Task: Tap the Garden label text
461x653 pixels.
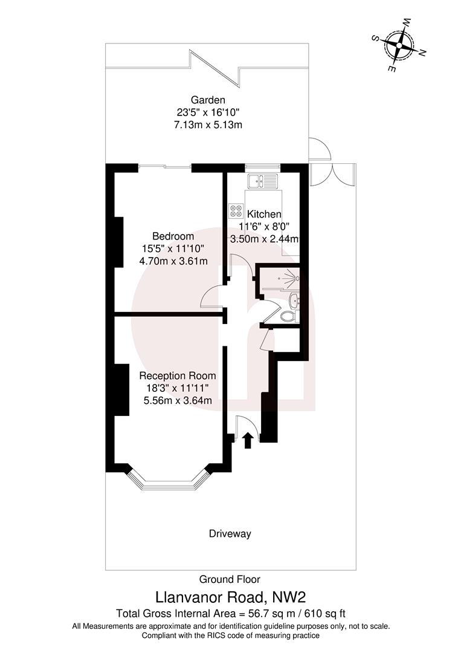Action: click(x=208, y=100)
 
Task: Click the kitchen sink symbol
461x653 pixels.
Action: click(x=262, y=180)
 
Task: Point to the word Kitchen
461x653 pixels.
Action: click(x=264, y=214)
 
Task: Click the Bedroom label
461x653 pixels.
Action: click(x=173, y=236)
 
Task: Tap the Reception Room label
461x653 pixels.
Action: click(x=173, y=375)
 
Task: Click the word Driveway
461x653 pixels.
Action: click(x=230, y=534)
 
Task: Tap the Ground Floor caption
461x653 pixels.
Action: click(x=230, y=579)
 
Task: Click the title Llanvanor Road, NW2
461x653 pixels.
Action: click(x=231, y=597)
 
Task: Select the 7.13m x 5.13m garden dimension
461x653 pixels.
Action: click(x=208, y=125)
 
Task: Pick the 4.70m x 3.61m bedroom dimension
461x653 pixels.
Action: click(x=173, y=261)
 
